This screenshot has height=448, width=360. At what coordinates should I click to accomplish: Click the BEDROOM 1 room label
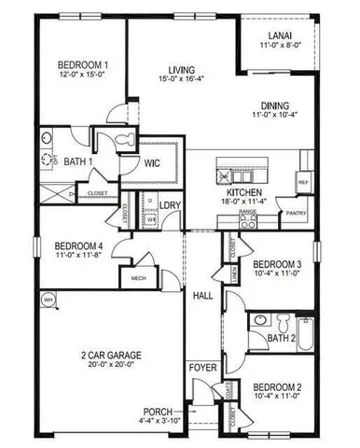click(x=80, y=64)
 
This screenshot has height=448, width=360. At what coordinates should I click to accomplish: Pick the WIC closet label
click(x=154, y=163)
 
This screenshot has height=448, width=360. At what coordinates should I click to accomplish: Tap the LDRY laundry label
click(x=170, y=205)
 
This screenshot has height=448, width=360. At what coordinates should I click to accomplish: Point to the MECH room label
click(x=139, y=278)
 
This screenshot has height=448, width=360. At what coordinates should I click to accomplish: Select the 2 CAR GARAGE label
click(x=105, y=355)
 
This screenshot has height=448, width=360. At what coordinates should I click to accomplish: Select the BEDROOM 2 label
click(x=278, y=386)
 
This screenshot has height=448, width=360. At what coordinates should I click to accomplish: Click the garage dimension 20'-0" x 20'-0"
click(x=105, y=366)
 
